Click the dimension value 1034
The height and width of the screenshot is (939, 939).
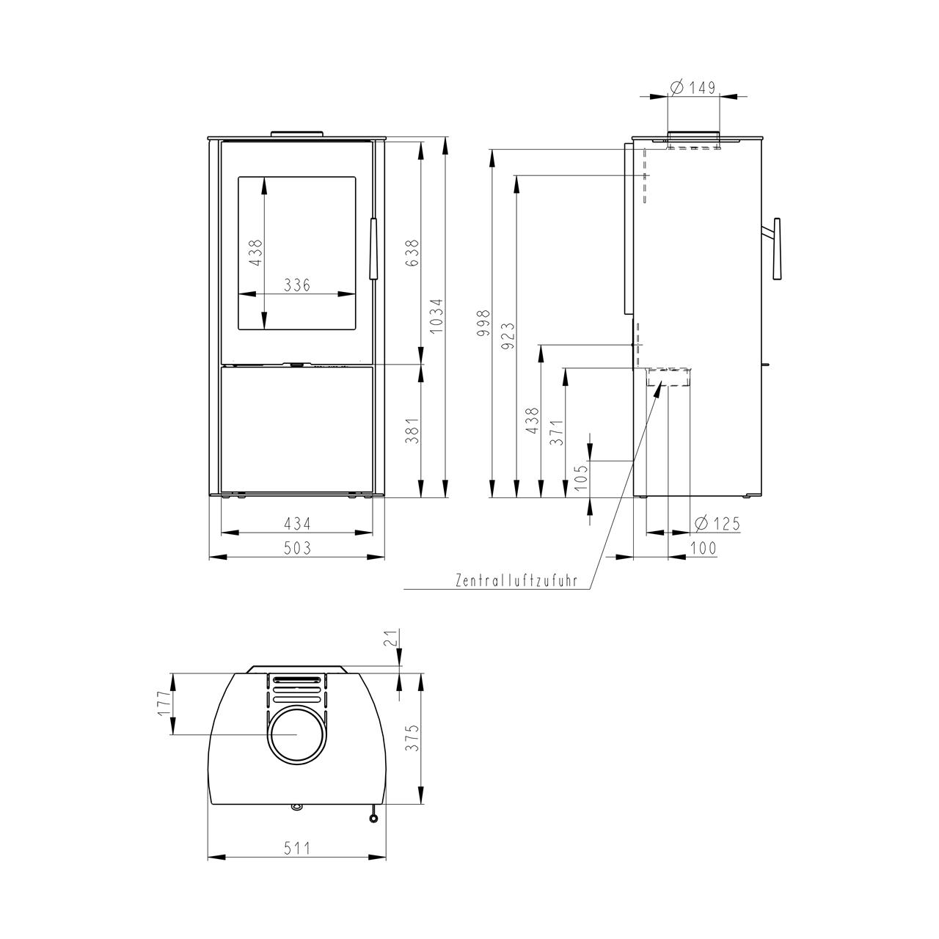pyautogui.click(x=436, y=315)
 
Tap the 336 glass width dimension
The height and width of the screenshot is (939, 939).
pyautogui.click(x=297, y=285)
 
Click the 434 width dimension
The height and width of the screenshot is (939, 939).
pyautogui.click(x=297, y=524)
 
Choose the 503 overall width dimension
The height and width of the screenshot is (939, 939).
pyautogui.click(x=297, y=548)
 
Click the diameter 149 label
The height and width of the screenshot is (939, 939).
pyautogui.click(x=693, y=88)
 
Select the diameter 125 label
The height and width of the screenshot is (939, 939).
pyautogui.click(x=717, y=524)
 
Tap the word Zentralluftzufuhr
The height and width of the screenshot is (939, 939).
pyautogui.click(x=516, y=581)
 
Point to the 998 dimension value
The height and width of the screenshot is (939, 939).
pyautogui.click(x=483, y=323)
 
